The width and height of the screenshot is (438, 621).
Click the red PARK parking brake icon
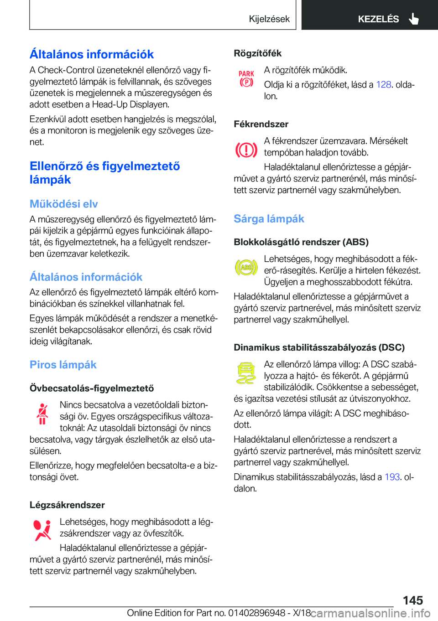pos(246,78)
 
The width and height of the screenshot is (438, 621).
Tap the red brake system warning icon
pos(246,150)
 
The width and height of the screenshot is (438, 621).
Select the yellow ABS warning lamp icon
pos(246,267)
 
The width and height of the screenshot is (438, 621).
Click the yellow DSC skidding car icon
pos(246,373)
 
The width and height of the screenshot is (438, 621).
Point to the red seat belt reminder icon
pos(42,414)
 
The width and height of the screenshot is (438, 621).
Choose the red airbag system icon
pos(42,530)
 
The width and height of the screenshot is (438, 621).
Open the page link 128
pos(383,84)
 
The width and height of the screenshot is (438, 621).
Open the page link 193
pos(392,477)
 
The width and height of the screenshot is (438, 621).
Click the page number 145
pos(412,600)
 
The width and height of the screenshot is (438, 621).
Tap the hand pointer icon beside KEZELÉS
pos(414,19)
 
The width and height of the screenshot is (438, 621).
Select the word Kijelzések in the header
pos(269,19)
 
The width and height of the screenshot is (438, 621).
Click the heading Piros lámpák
pos(63,365)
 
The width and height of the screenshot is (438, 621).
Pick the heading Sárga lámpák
pos(269,219)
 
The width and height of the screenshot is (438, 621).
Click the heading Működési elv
pos(64,204)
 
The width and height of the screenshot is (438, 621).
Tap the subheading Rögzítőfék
pos(257,53)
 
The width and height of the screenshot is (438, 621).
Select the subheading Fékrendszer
pos(261,124)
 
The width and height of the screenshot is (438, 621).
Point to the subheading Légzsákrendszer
pos(67,505)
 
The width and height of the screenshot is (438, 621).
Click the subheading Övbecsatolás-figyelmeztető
pos(92,388)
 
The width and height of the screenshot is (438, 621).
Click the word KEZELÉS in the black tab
pos(378,19)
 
